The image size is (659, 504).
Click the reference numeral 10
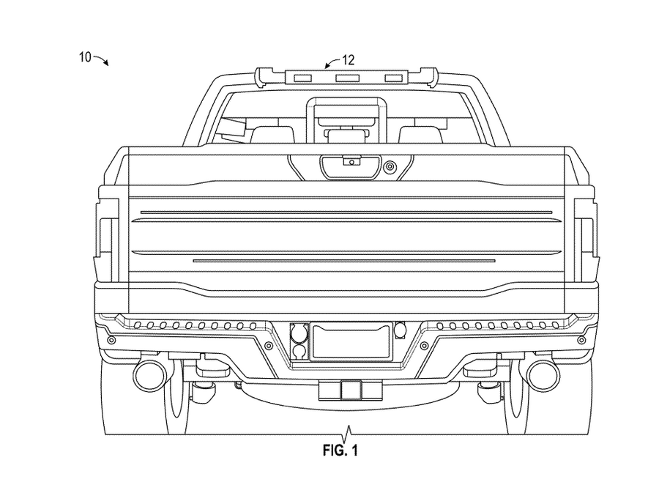tap(86, 56)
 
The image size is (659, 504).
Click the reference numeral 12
tap(349, 60)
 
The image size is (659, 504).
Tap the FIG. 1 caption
tap(340, 451)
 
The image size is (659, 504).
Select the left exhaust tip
tap(149, 374)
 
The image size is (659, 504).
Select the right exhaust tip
tap(543, 374)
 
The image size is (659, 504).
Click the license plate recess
tap(351, 341)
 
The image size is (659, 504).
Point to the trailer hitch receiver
tap(351, 390)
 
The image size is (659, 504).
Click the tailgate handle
tap(351, 166)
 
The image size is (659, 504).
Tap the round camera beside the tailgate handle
tap(390, 167)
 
